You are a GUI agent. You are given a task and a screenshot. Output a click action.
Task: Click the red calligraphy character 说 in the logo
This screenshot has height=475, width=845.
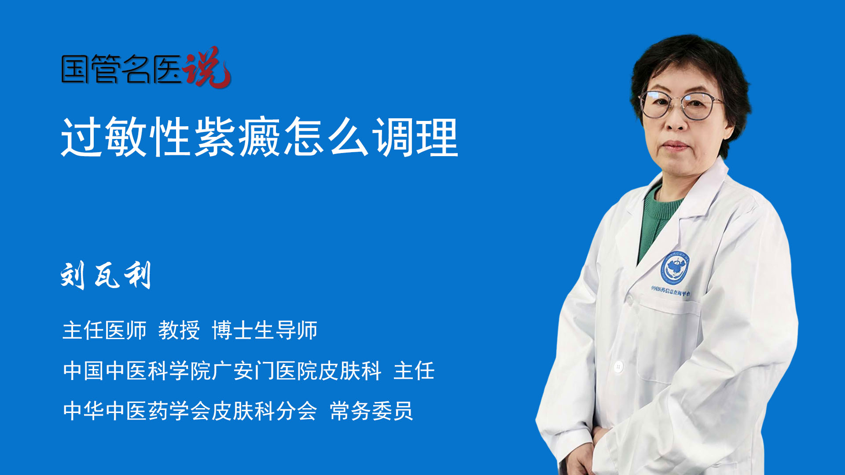(x=207, y=67)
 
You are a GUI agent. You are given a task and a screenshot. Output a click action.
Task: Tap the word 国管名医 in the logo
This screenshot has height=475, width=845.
(x=121, y=69)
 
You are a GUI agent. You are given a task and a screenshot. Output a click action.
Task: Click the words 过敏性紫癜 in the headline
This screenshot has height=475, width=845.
(x=171, y=137)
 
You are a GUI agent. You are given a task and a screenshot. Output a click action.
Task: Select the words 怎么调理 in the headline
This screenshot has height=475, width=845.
(x=371, y=137)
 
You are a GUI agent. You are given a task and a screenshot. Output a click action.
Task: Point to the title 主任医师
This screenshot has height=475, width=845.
(x=104, y=330)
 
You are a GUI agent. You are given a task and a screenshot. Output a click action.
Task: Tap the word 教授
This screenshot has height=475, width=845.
(x=179, y=330)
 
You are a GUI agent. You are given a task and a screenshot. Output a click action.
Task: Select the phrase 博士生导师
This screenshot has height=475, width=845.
(x=265, y=330)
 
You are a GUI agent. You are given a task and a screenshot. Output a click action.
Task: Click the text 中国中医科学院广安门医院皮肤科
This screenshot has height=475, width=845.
(x=222, y=370)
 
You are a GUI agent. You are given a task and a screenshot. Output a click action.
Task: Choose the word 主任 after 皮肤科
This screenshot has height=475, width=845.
(x=414, y=370)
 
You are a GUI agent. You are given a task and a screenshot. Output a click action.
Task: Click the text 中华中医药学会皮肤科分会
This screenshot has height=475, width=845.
(x=190, y=411)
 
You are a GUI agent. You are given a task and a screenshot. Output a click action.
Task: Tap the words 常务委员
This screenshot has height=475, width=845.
(x=371, y=411)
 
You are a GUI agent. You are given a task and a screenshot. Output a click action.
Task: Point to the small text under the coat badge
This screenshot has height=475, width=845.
(x=671, y=291)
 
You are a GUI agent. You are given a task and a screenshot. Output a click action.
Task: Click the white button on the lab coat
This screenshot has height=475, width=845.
(x=618, y=366)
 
